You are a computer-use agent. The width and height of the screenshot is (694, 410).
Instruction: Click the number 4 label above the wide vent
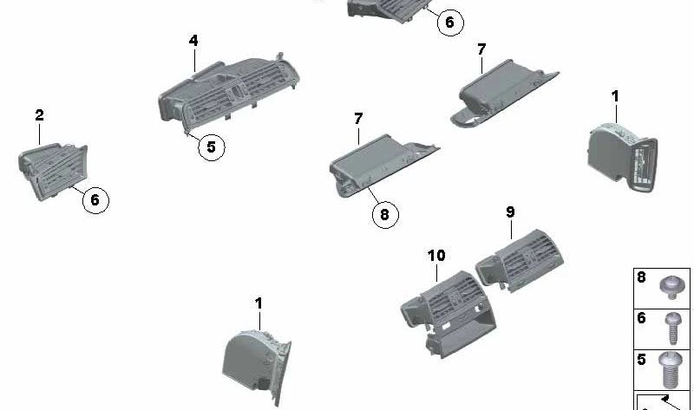193,41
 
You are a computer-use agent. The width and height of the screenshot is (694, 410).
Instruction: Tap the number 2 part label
39,115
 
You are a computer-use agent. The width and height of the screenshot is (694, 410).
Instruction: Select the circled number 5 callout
211,146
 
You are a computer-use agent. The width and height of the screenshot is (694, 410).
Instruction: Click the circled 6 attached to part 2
95,200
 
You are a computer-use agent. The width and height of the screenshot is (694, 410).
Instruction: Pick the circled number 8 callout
384,214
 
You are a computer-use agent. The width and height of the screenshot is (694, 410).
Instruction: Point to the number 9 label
510,212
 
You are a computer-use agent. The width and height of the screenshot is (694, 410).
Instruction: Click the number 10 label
436,255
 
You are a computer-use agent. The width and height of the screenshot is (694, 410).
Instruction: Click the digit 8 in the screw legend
641,277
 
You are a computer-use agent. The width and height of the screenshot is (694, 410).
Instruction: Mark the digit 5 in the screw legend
641,359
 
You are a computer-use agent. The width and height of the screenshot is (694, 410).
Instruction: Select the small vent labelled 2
53,171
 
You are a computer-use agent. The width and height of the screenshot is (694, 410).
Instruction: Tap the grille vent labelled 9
520,261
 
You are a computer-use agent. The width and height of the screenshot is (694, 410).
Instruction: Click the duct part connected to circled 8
383,165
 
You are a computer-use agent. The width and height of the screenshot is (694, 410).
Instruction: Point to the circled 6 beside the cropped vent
450,23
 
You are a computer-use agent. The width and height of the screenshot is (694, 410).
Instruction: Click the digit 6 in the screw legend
641,318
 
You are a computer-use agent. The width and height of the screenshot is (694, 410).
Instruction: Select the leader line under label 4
194,60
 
